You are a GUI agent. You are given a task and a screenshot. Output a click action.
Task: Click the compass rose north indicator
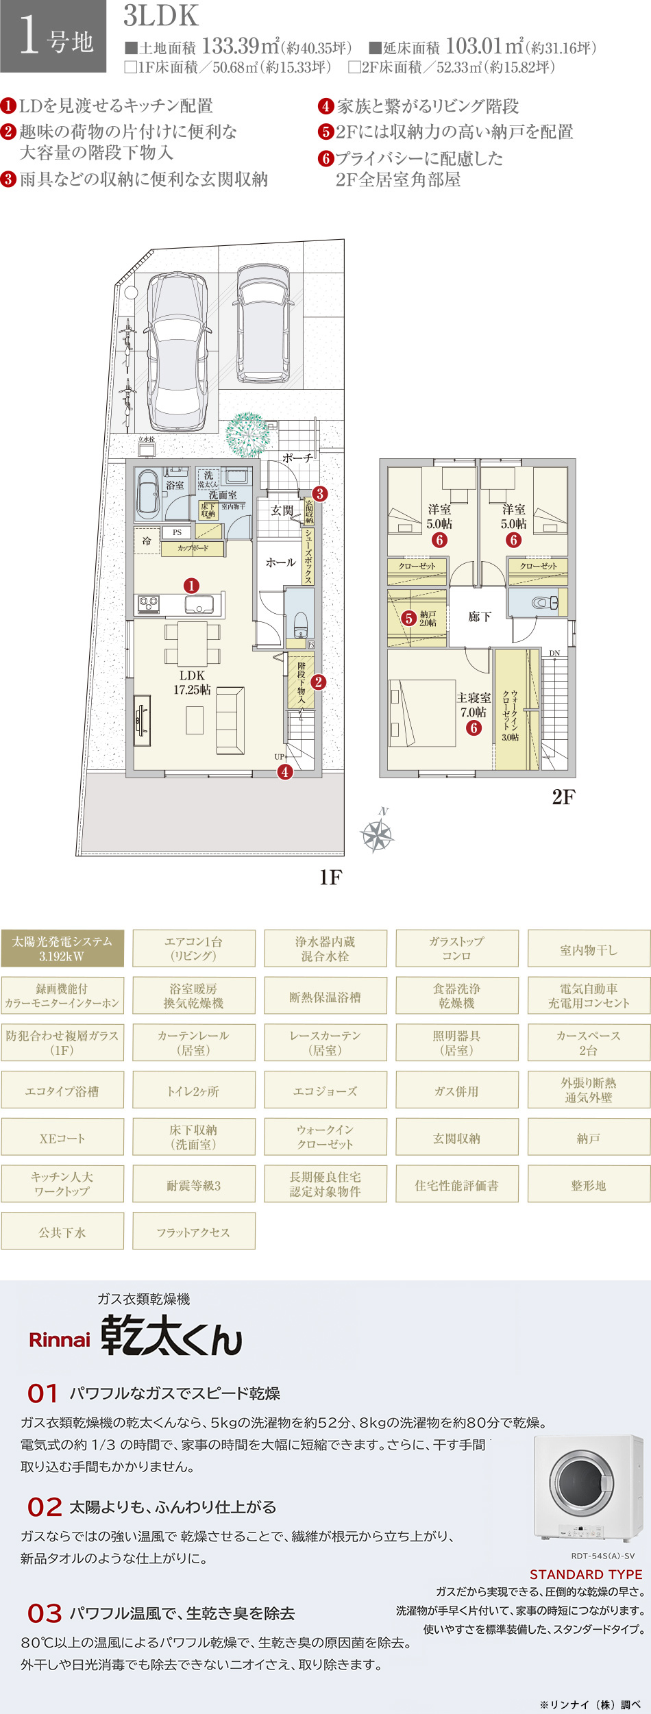[x=377, y=834]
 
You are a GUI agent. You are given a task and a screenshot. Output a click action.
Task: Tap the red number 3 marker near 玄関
[x=319, y=493]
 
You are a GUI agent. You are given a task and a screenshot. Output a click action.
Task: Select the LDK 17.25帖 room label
[x=192, y=682]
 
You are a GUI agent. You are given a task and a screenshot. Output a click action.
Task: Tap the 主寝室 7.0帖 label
[x=474, y=705]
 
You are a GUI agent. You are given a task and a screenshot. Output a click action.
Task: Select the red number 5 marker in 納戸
[x=408, y=619]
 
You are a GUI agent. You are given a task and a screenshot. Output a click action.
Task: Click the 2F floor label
[x=563, y=797]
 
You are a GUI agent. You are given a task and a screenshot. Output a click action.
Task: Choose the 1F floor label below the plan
[x=330, y=878]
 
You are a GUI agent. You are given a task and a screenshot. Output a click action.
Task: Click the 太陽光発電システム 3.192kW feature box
[x=62, y=949]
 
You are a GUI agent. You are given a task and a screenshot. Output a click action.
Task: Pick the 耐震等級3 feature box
[x=194, y=1185]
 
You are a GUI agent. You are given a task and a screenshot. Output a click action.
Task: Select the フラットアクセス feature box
[x=194, y=1232]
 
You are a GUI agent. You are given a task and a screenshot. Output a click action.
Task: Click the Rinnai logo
[x=60, y=1340]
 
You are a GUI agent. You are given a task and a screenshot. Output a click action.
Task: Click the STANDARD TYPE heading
[x=586, y=1574]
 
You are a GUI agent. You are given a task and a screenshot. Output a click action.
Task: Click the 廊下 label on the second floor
[x=480, y=617]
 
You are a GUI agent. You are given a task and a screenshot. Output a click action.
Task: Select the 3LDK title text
[x=161, y=16]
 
